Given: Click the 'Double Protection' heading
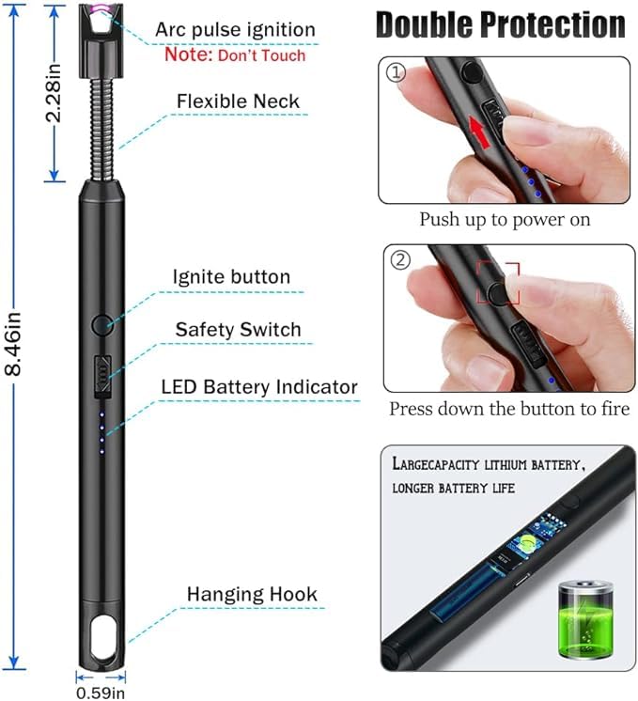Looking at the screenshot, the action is (x=500, y=26).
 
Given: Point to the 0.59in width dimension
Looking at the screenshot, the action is (x=100, y=693).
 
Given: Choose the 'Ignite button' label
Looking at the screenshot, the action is (x=231, y=276).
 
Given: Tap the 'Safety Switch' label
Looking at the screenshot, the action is (x=238, y=329).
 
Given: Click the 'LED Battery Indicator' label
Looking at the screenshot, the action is (x=259, y=386).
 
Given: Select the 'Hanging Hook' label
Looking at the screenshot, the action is (x=252, y=594).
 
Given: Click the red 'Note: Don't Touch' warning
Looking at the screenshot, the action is (x=235, y=55).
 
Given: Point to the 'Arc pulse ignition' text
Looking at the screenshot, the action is (x=235, y=29).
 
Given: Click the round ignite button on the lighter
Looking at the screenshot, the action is (x=101, y=325).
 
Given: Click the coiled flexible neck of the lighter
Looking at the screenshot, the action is (x=101, y=122).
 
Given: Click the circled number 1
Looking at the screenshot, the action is (x=397, y=73).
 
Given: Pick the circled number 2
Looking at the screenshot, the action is (x=400, y=260).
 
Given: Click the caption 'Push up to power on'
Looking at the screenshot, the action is (x=505, y=220).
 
